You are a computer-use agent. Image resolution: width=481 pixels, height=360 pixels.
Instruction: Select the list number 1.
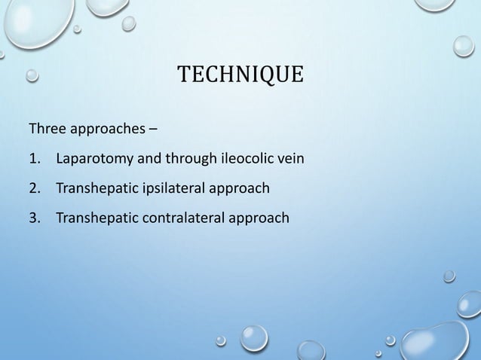pos(33,159)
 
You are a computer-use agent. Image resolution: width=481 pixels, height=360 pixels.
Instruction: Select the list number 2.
pos(33,188)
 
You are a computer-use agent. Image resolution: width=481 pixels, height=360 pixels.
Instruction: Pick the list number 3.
pos(33,218)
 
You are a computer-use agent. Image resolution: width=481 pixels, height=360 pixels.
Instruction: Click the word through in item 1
pos(188,159)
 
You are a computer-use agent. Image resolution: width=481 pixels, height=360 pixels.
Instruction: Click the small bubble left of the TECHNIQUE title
pos(32,75)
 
